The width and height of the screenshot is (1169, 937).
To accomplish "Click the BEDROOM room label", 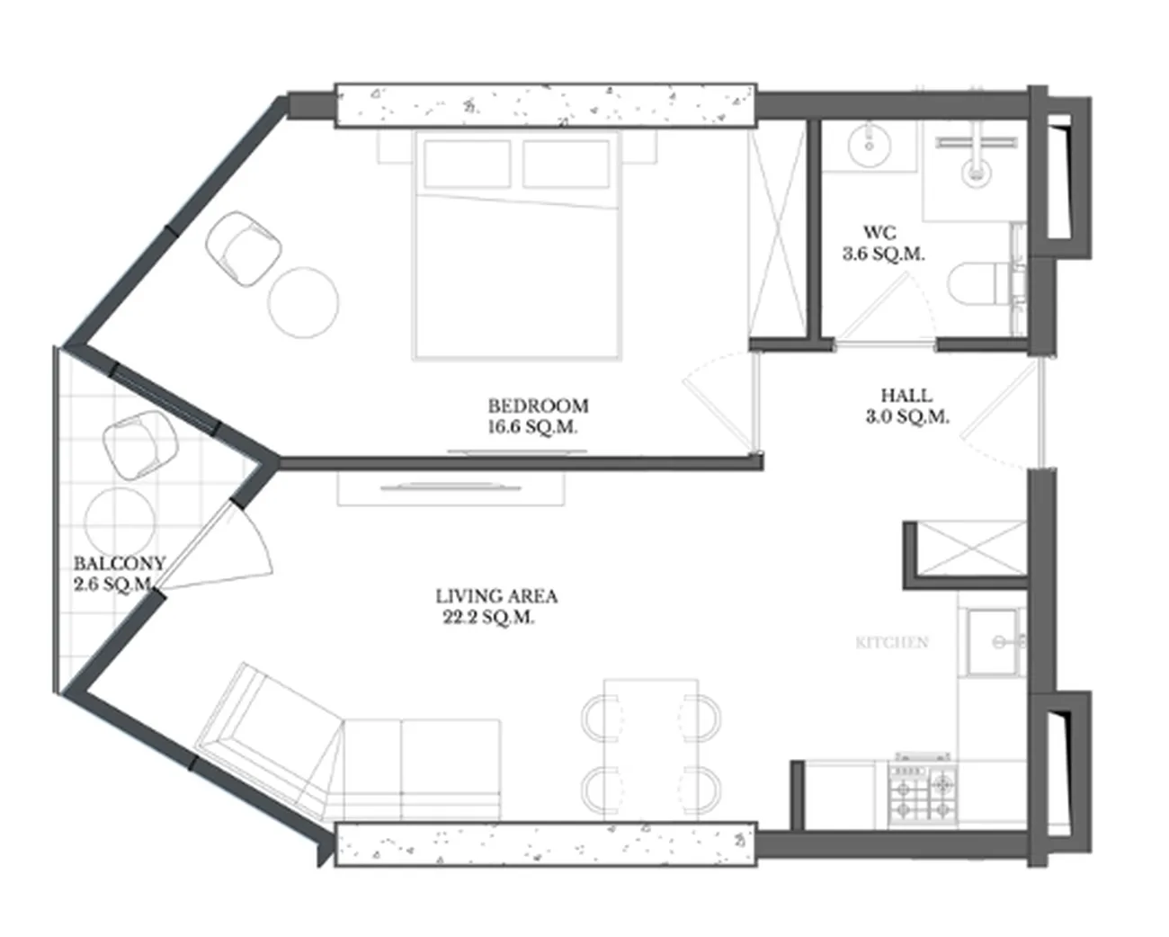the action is click(x=538, y=406).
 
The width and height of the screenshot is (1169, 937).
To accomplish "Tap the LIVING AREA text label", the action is click(x=496, y=596).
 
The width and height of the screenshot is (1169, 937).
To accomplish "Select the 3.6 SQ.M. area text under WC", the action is click(x=883, y=254).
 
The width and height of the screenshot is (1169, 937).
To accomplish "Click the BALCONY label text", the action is click(x=120, y=563).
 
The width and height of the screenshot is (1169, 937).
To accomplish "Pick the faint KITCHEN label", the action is click(x=892, y=643).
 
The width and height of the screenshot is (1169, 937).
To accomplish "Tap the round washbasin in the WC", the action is click(x=870, y=145).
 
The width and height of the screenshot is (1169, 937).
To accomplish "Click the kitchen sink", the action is click(x=995, y=643).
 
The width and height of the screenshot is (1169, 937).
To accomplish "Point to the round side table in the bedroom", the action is click(x=304, y=302).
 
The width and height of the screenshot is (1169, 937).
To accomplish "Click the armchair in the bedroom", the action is click(x=244, y=248).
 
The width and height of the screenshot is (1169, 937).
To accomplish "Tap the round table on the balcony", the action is click(x=119, y=520).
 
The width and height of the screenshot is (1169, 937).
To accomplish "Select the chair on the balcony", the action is click(x=140, y=445).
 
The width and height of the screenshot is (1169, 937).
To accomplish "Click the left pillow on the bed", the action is click(x=468, y=164).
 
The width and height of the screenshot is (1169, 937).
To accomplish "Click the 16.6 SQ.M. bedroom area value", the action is click(x=532, y=427).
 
